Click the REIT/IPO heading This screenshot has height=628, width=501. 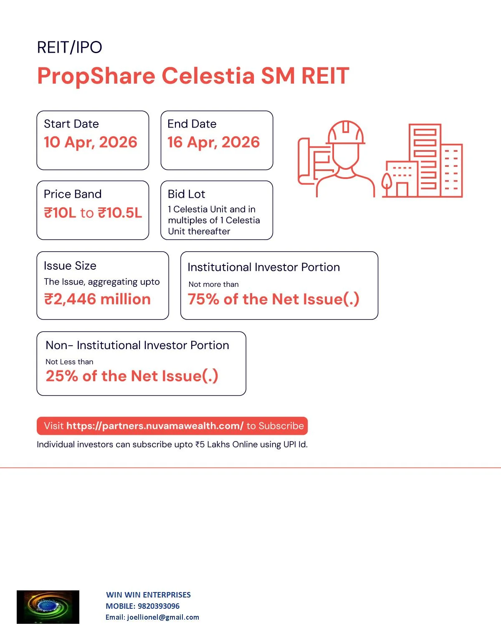69,47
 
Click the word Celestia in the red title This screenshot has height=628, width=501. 208,76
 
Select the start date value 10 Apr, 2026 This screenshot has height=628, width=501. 90,143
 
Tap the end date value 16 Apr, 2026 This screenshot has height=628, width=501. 213,143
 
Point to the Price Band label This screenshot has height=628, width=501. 73,194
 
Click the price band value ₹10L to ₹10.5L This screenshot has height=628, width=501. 93,213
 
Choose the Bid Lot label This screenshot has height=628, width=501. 186,194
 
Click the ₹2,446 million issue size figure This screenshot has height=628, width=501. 97,299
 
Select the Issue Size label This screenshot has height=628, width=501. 70,265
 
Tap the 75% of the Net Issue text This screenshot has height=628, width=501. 273,299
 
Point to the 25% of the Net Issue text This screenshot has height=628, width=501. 132,376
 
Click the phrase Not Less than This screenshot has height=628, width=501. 69,362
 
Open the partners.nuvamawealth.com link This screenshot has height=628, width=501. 155,426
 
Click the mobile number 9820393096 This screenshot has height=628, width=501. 158,606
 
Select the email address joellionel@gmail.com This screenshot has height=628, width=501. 163,617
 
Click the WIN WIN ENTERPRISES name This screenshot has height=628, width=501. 148,595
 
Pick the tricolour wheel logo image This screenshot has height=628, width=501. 48,607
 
